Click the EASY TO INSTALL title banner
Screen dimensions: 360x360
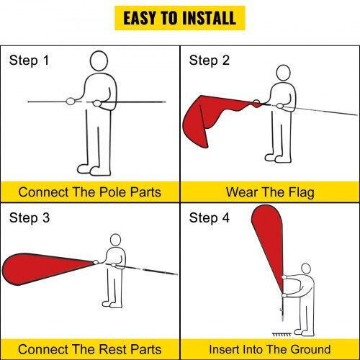(180, 18)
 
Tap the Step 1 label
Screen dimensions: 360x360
(29, 60)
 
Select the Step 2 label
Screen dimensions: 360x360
(209, 60)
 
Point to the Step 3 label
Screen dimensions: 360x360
(30, 218)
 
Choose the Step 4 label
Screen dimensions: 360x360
(209, 218)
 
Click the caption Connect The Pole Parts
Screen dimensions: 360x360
(90, 192)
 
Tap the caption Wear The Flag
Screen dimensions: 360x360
(270, 192)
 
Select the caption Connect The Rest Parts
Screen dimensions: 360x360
(90, 349)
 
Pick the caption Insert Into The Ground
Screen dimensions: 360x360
(270, 349)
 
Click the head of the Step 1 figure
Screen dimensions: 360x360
(99, 61)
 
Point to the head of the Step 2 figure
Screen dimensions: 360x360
(284, 73)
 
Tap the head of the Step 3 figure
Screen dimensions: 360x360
(115, 240)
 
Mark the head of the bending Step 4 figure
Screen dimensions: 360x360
(306, 269)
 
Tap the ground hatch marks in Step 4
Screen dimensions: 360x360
(282, 334)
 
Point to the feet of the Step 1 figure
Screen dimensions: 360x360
(94, 170)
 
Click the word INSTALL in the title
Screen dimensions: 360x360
(209, 18)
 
